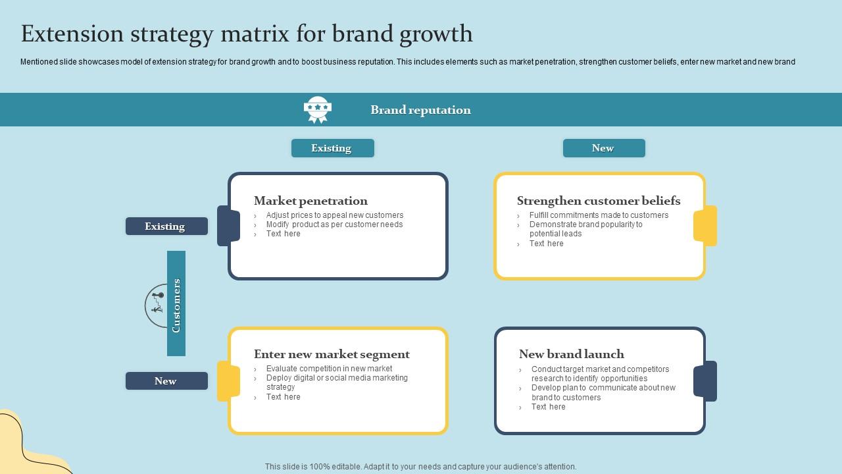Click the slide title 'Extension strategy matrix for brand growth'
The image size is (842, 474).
(x=247, y=34)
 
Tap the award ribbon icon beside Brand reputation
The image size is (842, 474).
(x=318, y=110)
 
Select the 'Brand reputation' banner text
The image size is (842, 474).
(x=420, y=110)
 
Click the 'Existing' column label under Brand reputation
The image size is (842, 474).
(x=332, y=148)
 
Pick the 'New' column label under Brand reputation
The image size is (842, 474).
(x=603, y=148)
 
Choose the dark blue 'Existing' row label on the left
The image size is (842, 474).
(x=166, y=226)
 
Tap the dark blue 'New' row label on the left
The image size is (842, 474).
(x=166, y=381)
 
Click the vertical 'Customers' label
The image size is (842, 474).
(x=176, y=304)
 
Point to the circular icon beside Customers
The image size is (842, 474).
(x=156, y=305)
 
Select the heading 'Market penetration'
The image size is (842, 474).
(x=310, y=201)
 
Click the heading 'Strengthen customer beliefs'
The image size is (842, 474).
(x=598, y=201)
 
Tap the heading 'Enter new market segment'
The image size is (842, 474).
(x=332, y=354)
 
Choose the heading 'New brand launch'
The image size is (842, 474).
(x=571, y=354)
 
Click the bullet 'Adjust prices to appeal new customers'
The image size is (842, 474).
(x=334, y=215)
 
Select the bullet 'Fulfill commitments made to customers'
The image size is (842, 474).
(x=598, y=215)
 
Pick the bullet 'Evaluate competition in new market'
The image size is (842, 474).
(x=329, y=369)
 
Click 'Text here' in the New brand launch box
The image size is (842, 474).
(x=548, y=407)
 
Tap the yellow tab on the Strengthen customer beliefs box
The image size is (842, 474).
(x=705, y=226)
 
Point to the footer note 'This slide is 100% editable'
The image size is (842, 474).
(x=420, y=467)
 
